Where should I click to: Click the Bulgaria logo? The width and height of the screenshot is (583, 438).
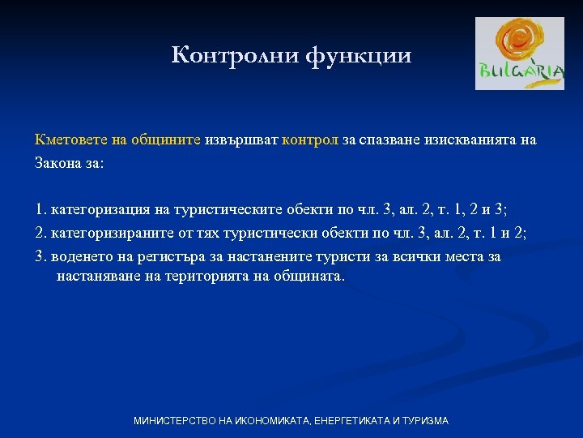click(x=519, y=54)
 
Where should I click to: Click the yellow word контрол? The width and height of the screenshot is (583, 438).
click(x=310, y=140)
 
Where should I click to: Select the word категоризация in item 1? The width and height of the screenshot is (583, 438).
click(x=99, y=210)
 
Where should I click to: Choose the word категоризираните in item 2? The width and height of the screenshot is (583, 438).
click(x=109, y=233)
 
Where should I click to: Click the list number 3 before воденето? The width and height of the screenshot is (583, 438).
click(x=40, y=256)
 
